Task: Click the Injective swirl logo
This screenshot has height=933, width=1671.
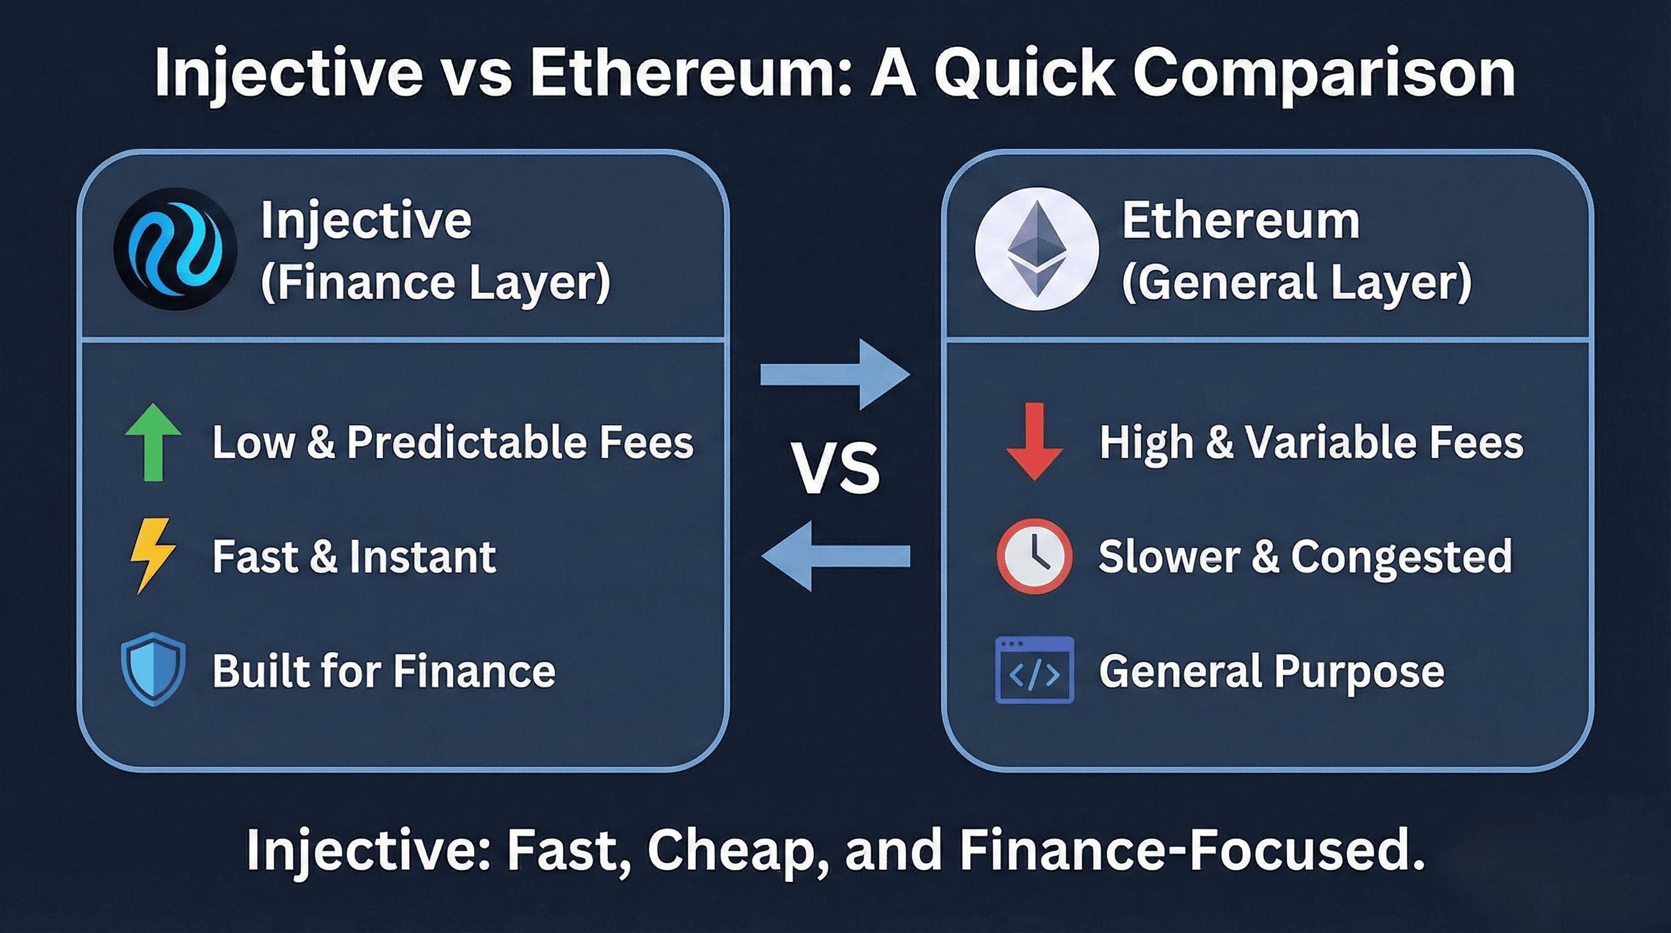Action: pyautogui.click(x=175, y=248)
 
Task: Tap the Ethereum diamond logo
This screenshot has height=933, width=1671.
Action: pyautogui.click(x=1036, y=248)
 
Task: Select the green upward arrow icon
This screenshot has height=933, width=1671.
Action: pyautogui.click(x=153, y=442)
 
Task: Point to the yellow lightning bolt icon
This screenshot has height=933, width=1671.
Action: pyautogui.click(x=152, y=555)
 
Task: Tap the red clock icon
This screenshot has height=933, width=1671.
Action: pyautogui.click(x=1034, y=556)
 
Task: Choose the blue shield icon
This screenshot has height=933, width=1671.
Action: pyautogui.click(x=153, y=669)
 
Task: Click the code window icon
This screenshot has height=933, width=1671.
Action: pyautogui.click(x=1035, y=670)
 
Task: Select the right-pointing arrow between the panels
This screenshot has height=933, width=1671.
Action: pyautogui.click(x=836, y=374)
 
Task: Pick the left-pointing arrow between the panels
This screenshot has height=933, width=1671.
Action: pyautogui.click(x=836, y=556)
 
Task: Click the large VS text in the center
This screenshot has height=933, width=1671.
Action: pyautogui.click(x=836, y=468)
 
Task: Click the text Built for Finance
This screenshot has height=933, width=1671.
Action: pyautogui.click(x=384, y=670)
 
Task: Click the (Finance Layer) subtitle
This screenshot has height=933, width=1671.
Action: pyautogui.click(x=435, y=282)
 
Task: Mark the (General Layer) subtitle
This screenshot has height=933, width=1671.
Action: pyautogui.click(x=1297, y=282)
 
